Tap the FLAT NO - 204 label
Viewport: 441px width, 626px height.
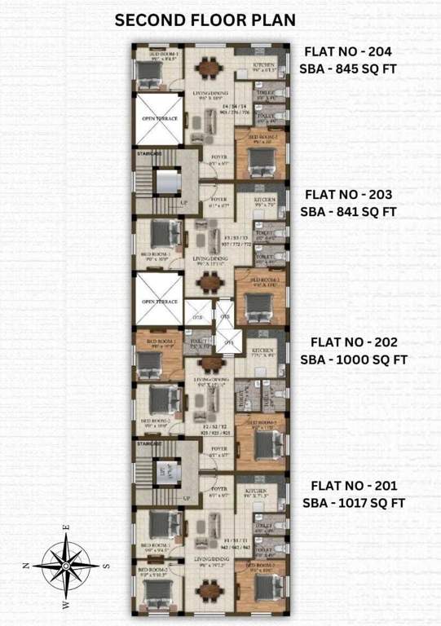pyautogui.click(x=350, y=51)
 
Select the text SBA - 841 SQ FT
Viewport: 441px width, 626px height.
pyautogui.click(x=349, y=212)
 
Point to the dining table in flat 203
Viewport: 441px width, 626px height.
pyautogui.click(x=210, y=284)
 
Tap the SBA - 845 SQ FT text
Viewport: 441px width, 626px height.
pyautogui.click(x=348, y=68)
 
